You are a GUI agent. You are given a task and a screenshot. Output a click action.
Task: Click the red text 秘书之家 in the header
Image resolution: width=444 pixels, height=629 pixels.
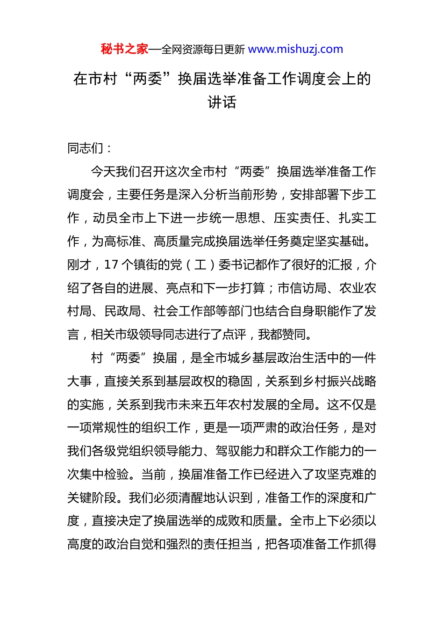pos(124,49)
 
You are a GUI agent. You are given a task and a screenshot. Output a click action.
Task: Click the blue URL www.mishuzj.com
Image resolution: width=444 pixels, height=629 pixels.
pos(295,49)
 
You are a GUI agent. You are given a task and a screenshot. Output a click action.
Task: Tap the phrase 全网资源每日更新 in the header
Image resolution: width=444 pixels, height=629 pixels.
pos(203,50)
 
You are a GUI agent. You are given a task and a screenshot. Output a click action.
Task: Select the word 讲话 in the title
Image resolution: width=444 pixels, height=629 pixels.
pos(222,102)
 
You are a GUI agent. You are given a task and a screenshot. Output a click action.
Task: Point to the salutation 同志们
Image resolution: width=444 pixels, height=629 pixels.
pos(86,148)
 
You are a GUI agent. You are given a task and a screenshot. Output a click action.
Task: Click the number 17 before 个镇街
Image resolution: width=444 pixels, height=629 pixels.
pos(111,265)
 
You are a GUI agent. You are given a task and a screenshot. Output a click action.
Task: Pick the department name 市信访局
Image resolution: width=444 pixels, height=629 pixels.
pos(302,288)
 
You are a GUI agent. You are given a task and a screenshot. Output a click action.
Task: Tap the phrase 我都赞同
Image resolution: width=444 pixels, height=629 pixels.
pos(283,335)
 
